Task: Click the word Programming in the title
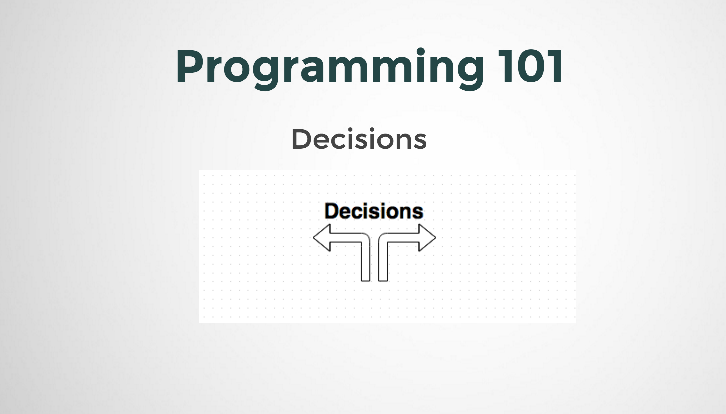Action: (x=329, y=67)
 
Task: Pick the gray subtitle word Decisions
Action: (x=359, y=139)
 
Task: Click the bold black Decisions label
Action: (x=373, y=211)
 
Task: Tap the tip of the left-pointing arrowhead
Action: (x=314, y=238)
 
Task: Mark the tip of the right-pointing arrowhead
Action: (x=435, y=238)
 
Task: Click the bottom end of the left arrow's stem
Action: (x=365, y=279)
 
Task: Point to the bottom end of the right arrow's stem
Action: (x=383, y=279)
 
